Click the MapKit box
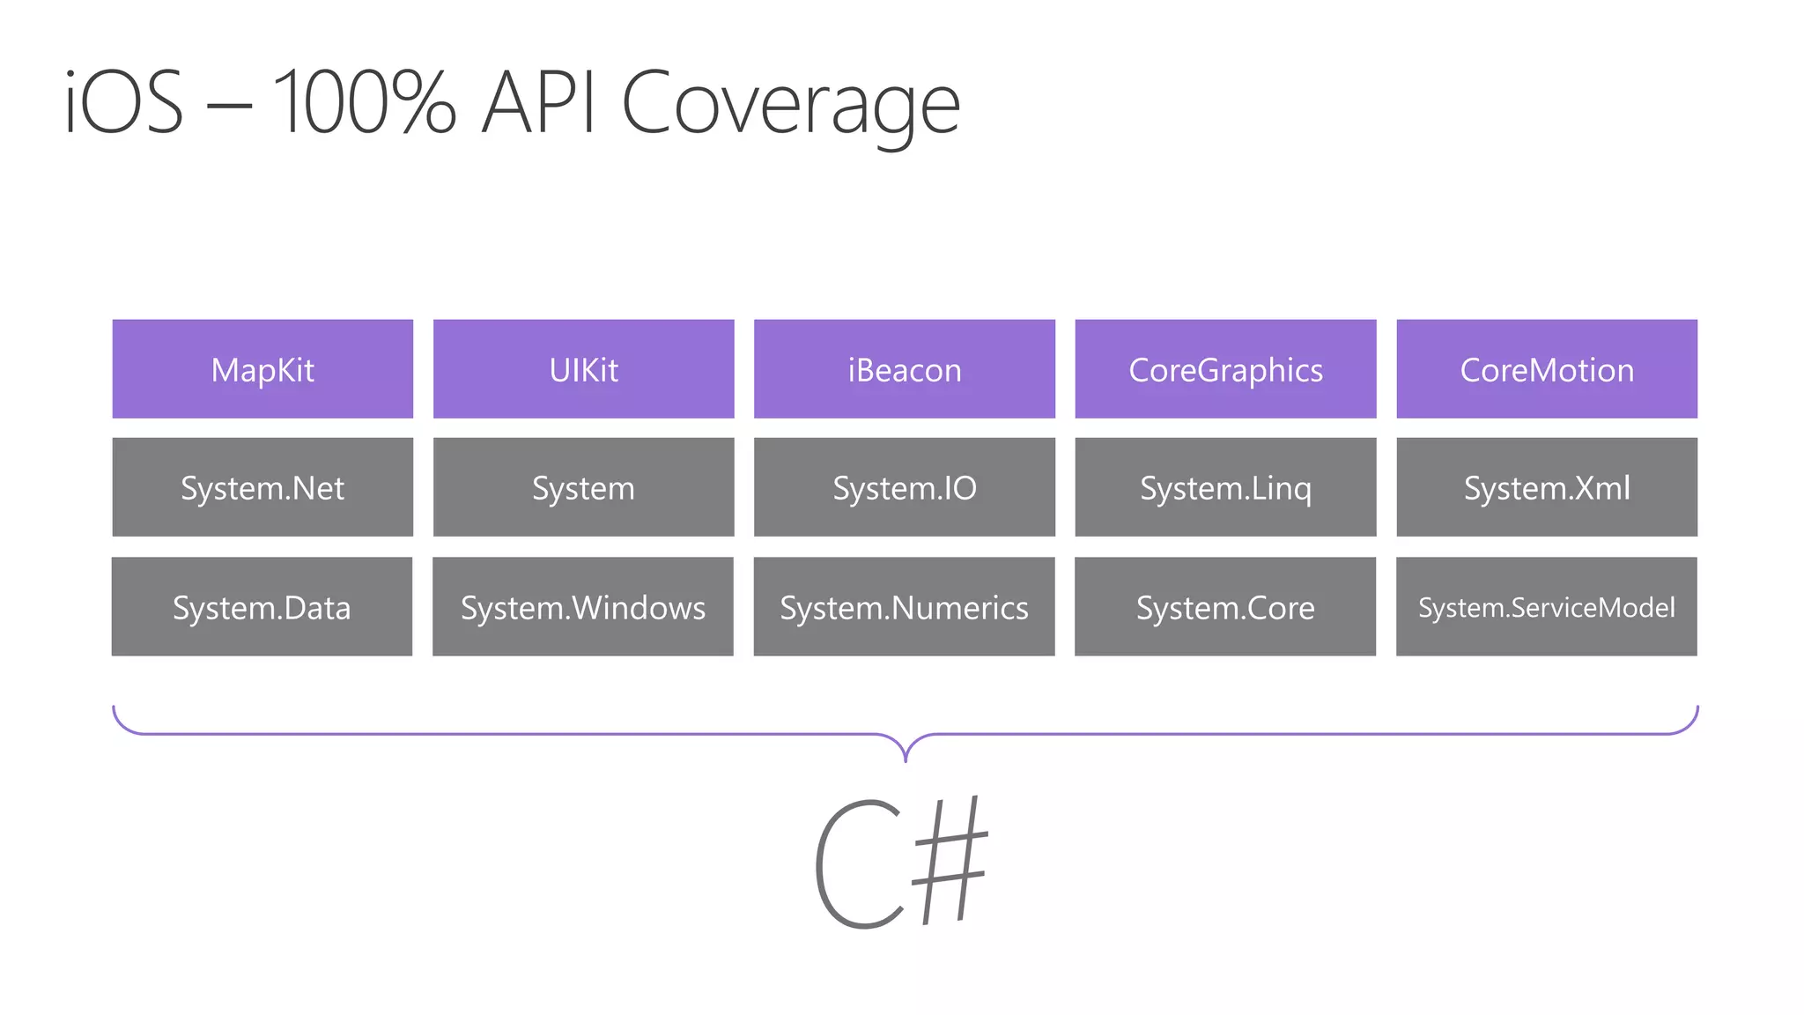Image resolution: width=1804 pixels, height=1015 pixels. click(262, 369)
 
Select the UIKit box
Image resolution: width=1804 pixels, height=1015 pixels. click(583, 369)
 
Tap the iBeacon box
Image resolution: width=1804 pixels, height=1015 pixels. click(905, 369)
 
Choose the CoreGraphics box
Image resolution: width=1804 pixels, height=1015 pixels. click(1225, 369)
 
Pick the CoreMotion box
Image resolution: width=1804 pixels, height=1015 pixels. click(1547, 369)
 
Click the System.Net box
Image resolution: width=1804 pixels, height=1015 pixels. click(262, 487)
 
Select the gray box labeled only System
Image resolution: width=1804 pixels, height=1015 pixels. click(583, 487)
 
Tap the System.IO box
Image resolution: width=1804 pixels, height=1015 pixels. click(905, 487)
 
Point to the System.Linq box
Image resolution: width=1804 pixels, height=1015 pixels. click(1225, 487)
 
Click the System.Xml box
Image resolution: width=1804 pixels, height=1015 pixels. click(1547, 487)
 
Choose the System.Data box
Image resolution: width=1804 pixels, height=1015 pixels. click(262, 606)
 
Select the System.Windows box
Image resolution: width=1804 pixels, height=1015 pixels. click(583, 606)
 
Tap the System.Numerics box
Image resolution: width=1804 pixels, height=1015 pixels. click(904, 606)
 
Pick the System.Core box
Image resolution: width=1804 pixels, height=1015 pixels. click(1225, 606)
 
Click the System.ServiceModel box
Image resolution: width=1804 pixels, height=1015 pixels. click(1547, 606)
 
